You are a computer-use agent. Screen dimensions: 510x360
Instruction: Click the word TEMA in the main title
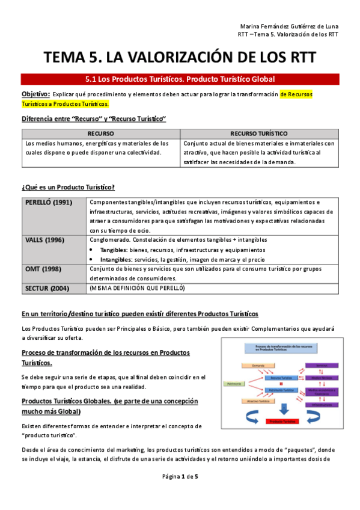69,58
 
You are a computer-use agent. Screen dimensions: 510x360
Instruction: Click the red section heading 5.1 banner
180,79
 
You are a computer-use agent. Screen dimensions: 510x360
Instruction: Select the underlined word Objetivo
35,94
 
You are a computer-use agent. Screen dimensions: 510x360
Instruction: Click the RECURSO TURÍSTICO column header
259,133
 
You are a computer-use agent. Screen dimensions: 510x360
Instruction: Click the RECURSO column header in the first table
100,133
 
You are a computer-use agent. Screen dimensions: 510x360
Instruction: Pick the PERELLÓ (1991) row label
47,202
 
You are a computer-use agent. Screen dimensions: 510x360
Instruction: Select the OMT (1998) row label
42,269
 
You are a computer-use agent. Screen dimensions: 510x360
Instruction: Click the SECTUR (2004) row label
47,289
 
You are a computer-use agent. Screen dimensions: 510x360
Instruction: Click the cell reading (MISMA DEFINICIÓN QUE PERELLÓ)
136,289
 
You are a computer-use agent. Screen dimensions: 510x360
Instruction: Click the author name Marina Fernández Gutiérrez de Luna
289,26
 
